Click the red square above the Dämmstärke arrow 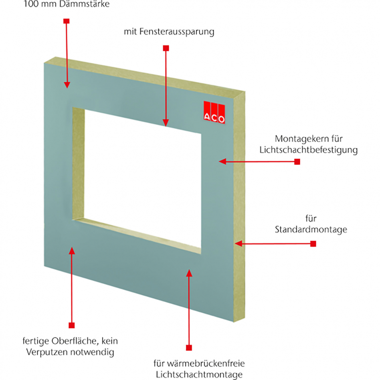pos(66,20)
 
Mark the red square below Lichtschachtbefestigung pos(297,162)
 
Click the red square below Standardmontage pos(313,243)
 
